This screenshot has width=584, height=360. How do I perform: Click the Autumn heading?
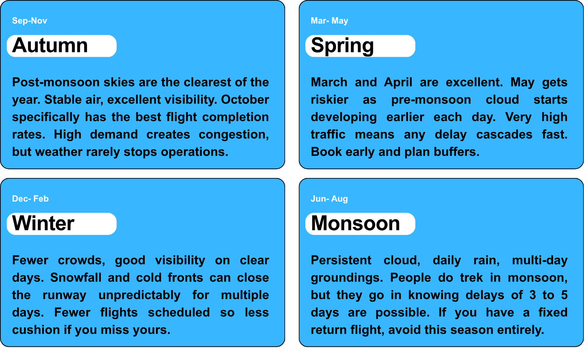point(50,45)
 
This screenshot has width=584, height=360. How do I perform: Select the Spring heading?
point(342,46)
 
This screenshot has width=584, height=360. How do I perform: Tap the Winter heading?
point(43,223)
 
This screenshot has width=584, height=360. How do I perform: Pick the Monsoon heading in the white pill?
point(355,223)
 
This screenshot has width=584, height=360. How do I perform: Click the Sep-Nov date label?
point(29,21)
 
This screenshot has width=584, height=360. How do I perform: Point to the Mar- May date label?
point(329,21)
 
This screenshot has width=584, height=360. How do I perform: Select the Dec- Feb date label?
point(30,199)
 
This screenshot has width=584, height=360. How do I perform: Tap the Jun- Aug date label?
point(329,199)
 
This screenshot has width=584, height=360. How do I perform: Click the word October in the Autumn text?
point(245,99)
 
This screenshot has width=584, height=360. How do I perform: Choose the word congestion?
point(234,135)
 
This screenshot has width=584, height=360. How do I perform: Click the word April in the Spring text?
point(398,83)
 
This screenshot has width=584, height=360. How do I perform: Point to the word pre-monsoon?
point(431,100)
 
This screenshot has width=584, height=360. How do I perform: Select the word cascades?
point(504,135)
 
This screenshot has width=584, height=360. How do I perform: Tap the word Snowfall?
point(75,277)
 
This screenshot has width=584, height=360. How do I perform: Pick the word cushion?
point(36,330)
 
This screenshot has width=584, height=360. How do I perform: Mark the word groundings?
point(347,278)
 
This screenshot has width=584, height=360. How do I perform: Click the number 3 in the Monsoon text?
point(532,295)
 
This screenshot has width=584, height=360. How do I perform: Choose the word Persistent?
point(341,260)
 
